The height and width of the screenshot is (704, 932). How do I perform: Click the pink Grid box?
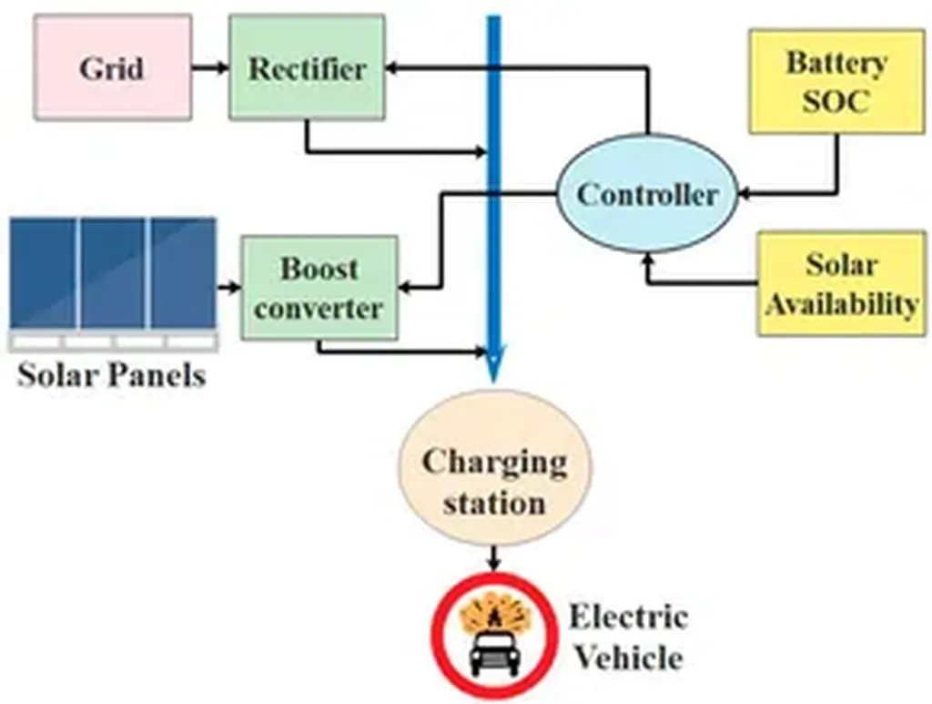click(113, 67)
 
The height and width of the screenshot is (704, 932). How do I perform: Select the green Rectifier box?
click(307, 67)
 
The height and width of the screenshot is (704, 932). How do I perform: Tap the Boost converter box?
click(319, 288)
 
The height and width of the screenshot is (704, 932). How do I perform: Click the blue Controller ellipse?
click(647, 194)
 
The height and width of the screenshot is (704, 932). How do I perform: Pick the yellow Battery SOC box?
click(836, 81)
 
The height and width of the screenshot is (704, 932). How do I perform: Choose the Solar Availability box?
click(841, 284)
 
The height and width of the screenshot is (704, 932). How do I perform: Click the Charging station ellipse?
click(494, 468)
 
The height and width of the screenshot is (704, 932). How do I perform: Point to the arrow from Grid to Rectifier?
click(210, 67)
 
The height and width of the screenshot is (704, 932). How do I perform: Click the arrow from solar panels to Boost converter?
click(228, 288)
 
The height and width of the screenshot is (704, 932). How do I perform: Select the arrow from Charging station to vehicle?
click(494, 558)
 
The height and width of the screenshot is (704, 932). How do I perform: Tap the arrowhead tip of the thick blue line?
click(493, 383)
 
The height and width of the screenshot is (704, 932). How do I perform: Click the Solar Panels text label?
click(111, 375)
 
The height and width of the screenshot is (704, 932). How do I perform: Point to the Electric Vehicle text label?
click(629, 637)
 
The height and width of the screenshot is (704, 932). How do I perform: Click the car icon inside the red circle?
click(494, 655)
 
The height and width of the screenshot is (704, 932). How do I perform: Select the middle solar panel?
click(113, 273)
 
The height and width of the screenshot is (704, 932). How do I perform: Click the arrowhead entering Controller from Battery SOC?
click(744, 194)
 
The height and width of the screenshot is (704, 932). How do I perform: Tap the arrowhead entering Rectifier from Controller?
click(390, 67)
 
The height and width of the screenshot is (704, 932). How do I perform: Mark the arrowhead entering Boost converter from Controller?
click(403, 289)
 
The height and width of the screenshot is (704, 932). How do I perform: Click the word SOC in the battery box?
click(836, 101)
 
